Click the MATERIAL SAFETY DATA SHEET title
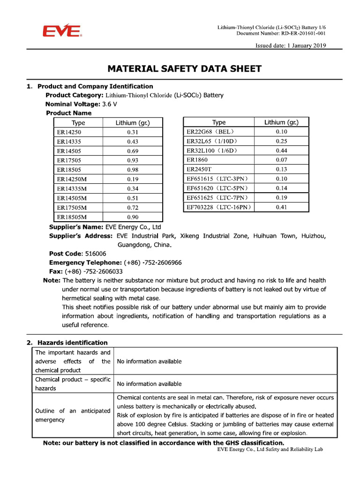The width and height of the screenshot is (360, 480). pyautogui.click(x=184, y=69)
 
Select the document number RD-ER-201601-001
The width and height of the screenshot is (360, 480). pyautogui.click(x=303, y=33)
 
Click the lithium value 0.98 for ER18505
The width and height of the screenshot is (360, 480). pyautogui.click(x=133, y=170)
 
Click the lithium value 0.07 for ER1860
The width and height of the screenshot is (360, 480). pyautogui.click(x=281, y=160)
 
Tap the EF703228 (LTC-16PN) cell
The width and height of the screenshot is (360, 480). pyautogui.click(x=219, y=207)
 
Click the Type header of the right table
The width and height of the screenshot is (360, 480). pyautogui.click(x=219, y=122)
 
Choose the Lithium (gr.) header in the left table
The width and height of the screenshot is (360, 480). pyautogui.click(x=133, y=123)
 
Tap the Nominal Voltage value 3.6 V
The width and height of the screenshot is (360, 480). pyautogui.click(x=110, y=104)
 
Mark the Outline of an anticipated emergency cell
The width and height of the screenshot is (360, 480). pyautogui.click(x=73, y=415)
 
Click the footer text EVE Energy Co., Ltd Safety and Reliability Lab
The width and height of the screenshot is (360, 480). pyautogui.click(x=270, y=449)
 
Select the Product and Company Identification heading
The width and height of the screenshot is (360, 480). pyautogui.click(x=95, y=86)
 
